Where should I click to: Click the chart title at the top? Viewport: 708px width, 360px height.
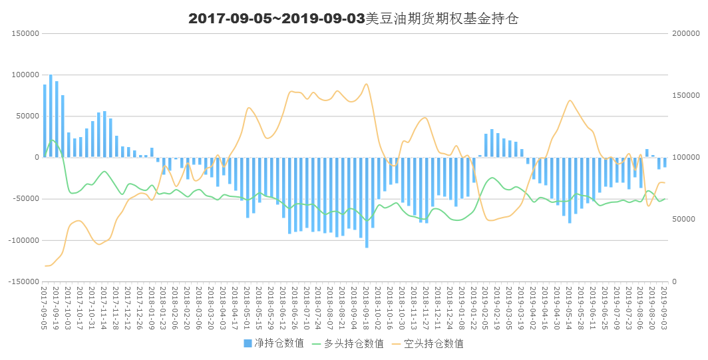pos(353,19)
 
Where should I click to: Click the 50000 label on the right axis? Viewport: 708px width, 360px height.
pos(683,220)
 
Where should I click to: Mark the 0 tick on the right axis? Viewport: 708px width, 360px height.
pos(674,281)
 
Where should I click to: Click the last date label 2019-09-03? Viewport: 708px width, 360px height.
pos(665,307)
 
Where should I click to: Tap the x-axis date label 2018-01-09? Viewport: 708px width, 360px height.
pos(152,307)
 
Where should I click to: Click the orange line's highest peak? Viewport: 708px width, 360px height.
pos(367,84)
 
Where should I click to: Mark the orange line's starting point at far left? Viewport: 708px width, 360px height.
pos(45,266)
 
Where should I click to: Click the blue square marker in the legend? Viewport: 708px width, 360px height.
pos(248,343)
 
